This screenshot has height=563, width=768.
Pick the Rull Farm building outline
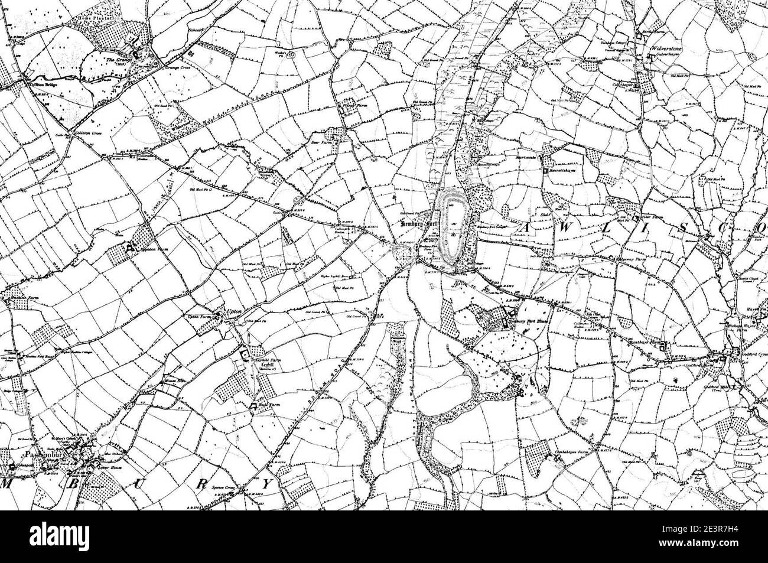pos(253,405)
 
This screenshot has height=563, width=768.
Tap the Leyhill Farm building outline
pos(244,354)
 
